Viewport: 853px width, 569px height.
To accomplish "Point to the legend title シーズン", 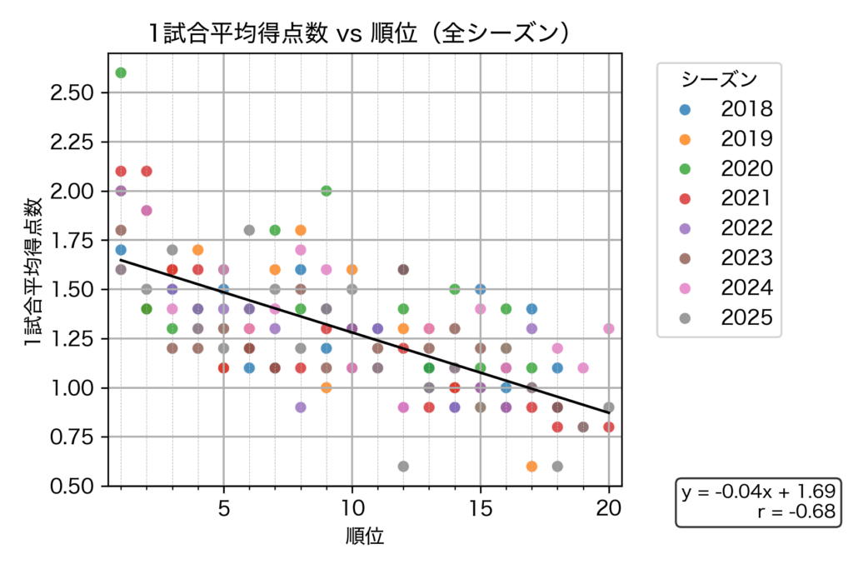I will pyautogui.click(x=719, y=79).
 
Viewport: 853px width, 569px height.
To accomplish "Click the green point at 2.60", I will pyautogui.click(x=121, y=72).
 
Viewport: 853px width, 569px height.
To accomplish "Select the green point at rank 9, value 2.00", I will pyautogui.click(x=327, y=191).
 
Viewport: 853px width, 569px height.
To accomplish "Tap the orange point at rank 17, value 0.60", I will pyautogui.click(x=532, y=467).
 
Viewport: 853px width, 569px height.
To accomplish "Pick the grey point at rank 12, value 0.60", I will pyautogui.click(x=403, y=467).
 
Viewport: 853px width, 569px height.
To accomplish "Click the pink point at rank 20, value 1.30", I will pyautogui.click(x=609, y=328).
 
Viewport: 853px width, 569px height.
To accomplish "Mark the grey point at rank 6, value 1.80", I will pyautogui.click(x=249, y=230).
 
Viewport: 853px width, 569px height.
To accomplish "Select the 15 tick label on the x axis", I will pyautogui.click(x=481, y=507).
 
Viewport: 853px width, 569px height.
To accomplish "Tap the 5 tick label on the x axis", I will pyautogui.click(x=223, y=507).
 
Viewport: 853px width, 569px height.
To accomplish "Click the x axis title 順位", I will pyautogui.click(x=365, y=536).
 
